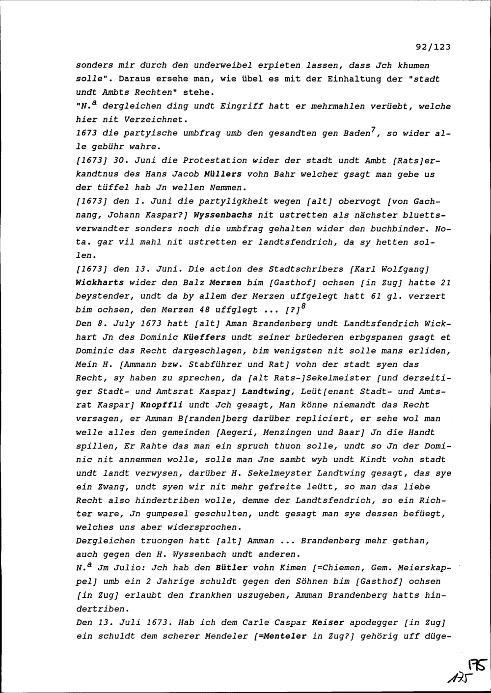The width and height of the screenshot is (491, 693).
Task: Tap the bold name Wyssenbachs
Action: click(x=223, y=215)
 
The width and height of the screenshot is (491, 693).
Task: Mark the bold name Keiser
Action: click(x=328, y=622)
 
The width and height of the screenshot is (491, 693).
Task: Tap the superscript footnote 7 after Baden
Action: click(x=374, y=130)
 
